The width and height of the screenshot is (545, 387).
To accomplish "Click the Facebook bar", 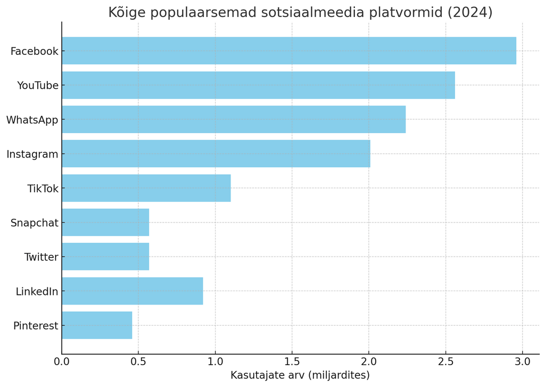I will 288,51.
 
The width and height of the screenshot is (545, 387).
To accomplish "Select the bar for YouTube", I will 258,85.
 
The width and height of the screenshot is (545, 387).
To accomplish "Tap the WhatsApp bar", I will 234,119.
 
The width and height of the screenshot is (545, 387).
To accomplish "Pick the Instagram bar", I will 216,154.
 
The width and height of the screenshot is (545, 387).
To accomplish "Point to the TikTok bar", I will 146,188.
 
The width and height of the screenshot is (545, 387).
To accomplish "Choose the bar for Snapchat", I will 105,223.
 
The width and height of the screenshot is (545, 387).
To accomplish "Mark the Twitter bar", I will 105,257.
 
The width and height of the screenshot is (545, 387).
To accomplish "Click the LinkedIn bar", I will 132,291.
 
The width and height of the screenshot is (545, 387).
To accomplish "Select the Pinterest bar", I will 97,325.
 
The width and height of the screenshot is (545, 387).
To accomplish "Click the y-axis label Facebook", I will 34,51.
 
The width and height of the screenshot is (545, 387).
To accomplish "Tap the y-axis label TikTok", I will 43,188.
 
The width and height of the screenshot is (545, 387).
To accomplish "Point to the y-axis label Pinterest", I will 36,326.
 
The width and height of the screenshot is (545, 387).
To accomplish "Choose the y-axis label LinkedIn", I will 37,292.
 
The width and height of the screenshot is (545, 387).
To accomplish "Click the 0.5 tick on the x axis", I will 138,361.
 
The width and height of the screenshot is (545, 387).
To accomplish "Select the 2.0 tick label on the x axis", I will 369,361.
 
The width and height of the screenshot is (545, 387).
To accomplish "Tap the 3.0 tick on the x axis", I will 523,361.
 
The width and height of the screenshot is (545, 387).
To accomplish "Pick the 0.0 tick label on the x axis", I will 62,361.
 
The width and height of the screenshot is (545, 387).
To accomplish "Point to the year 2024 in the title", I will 472,12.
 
